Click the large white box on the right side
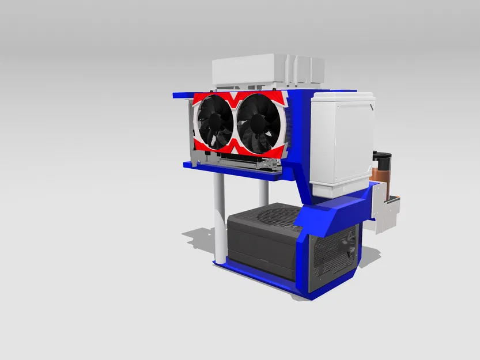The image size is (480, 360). point(341,143)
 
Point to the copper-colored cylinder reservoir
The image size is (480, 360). point(383,173)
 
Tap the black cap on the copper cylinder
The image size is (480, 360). point(383,156)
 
